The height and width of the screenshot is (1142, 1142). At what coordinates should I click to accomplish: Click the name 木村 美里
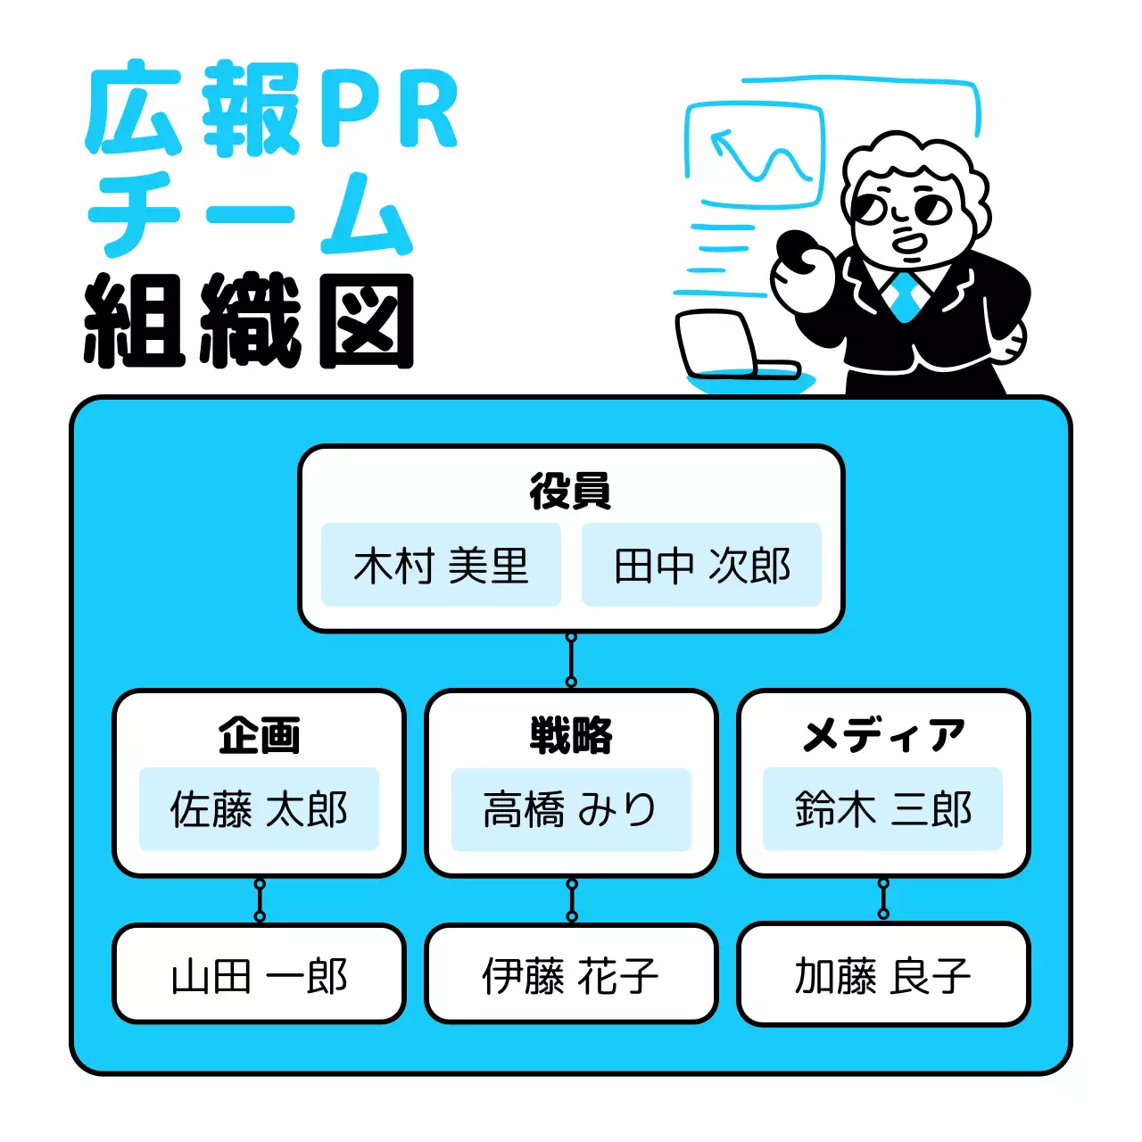(x=441, y=566)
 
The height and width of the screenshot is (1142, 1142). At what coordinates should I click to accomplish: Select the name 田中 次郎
(x=701, y=566)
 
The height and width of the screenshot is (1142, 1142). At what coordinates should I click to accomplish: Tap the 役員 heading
(x=570, y=492)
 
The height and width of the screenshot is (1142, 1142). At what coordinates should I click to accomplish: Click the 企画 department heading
(x=259, y=736)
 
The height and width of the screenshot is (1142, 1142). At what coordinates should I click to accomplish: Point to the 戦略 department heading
(x=571, y=736)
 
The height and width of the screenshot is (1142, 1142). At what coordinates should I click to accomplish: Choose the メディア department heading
(x=883, y=736)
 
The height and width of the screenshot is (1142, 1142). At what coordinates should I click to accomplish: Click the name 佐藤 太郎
(x=259, y=809)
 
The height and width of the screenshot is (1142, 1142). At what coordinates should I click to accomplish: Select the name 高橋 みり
(x=571, y=809)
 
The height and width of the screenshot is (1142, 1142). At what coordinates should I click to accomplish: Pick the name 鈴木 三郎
(x=883, y=809)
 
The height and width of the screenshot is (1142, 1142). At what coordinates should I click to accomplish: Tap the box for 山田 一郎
(x=259, y=974)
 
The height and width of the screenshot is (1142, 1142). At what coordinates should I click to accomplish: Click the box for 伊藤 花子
(x=571, y=974)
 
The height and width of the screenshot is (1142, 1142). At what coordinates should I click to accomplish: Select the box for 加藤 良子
(x=883, y=974)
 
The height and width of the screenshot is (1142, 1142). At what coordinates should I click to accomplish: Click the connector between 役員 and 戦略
(x=571, y=660)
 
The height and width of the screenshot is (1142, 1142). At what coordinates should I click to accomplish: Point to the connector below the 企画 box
(x=260, y=900)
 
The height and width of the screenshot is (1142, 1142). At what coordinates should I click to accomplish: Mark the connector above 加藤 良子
(x=883, y=898)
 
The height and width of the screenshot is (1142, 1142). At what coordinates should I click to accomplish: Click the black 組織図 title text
(x=250, y=321)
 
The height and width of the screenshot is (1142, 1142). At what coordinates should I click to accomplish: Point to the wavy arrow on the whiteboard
(x=758, y=156)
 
